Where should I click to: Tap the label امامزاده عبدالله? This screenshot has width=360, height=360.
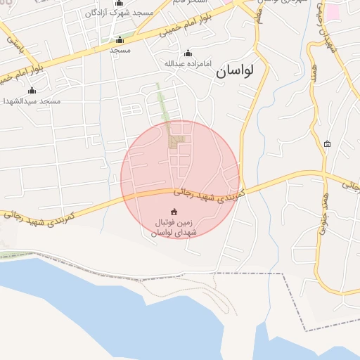click(188, 64)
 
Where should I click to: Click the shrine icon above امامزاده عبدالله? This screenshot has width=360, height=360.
click(188, 53)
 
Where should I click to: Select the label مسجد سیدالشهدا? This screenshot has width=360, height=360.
click(31, 101)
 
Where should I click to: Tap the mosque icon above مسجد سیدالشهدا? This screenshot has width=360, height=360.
click(31, 90)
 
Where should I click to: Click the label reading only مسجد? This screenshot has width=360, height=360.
click(120, 51)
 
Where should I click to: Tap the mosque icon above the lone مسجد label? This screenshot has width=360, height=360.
click(120, 40)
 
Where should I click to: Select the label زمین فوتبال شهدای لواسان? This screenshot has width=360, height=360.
click(175, 228)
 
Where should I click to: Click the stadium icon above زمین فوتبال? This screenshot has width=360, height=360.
click(174, 212)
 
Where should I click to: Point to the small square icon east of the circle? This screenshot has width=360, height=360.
click(327, 144)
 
